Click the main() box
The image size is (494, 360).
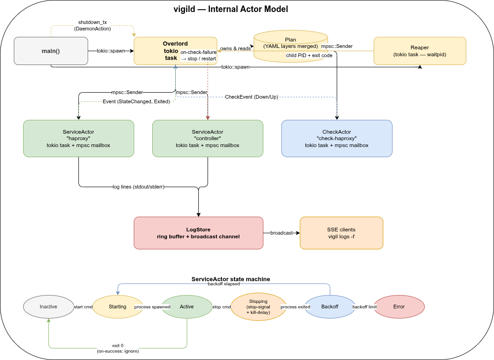pyautogui.click(x=51, y=51)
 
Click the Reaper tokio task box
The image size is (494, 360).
pyautogui.click(x=420, y=51)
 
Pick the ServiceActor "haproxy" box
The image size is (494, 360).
pyautogui.click(x=78, y=138)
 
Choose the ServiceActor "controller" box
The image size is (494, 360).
pyautogui.click(x=208, y=138)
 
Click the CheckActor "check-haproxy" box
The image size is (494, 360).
pyautogui.click(x=337, y=138)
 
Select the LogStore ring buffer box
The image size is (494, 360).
pyautogui.click(x=198, y=233)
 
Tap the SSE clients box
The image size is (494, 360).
pyautogui.click(x=341, y=233)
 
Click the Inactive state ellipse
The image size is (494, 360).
pyautogui.click(x=48, y=307)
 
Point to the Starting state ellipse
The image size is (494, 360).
pyautogui.click(x=118, y=307)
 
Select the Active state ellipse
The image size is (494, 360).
pyautogui.click(x=187, y=307)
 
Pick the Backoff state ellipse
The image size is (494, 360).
pyautogui.click(x=330, y=307)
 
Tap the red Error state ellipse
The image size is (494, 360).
pyautogui.click(x=399, y=307)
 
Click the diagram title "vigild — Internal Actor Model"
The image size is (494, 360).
pyautogui.click(x=231, y=9)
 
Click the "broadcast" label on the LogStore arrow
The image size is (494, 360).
pyautogui.click(x=281, y=233)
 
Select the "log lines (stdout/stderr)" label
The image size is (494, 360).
pyautogui.click(x=138, y=187)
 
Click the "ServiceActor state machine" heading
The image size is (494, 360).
pyautogui.click(x=231, y=279)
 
